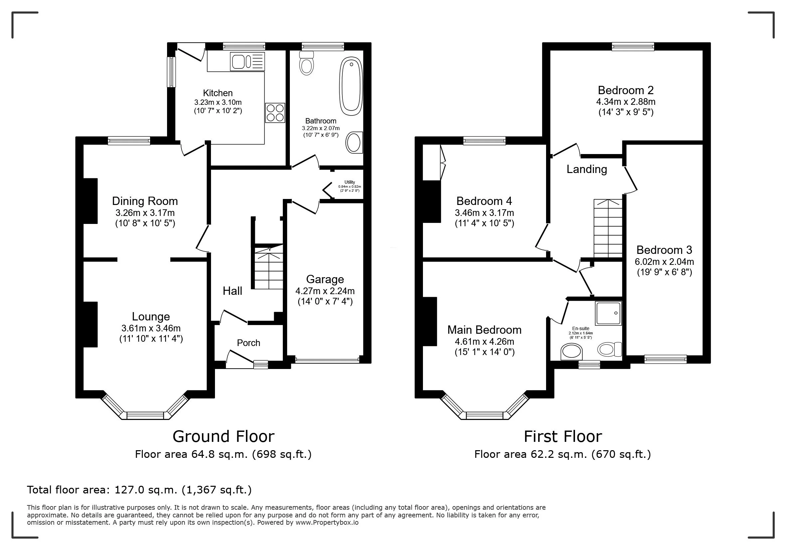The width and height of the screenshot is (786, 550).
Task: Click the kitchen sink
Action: tap(248, 62)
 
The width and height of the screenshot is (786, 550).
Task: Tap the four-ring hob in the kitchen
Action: tap(275, 112)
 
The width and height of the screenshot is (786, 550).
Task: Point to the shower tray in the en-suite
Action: tap(608, 313)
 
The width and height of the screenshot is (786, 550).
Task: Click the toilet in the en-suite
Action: tap(610, 349)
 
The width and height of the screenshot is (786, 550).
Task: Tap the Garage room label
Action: tap(325, 279)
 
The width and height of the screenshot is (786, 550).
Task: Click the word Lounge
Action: tap(151, 316)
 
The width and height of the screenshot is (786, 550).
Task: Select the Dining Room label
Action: tap(145, 201)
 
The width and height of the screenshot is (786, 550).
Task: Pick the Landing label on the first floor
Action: tap(587, 169)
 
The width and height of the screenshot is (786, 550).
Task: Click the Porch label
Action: tap(249, 343)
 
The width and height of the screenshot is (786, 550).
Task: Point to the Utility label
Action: tap(349, 182)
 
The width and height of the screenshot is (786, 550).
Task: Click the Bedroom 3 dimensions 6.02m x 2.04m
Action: tap(665, 262)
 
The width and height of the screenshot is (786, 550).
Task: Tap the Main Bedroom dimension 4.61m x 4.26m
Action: tap(485, 342)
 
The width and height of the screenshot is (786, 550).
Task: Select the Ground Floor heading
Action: tap(224, 436)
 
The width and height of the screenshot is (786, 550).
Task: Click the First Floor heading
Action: tap(563, 436)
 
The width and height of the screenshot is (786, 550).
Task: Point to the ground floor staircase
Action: tap(269, 267)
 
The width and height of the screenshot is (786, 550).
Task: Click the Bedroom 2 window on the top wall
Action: tap(633, 47)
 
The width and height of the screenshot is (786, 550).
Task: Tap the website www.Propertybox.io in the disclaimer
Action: tap(327, 523)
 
